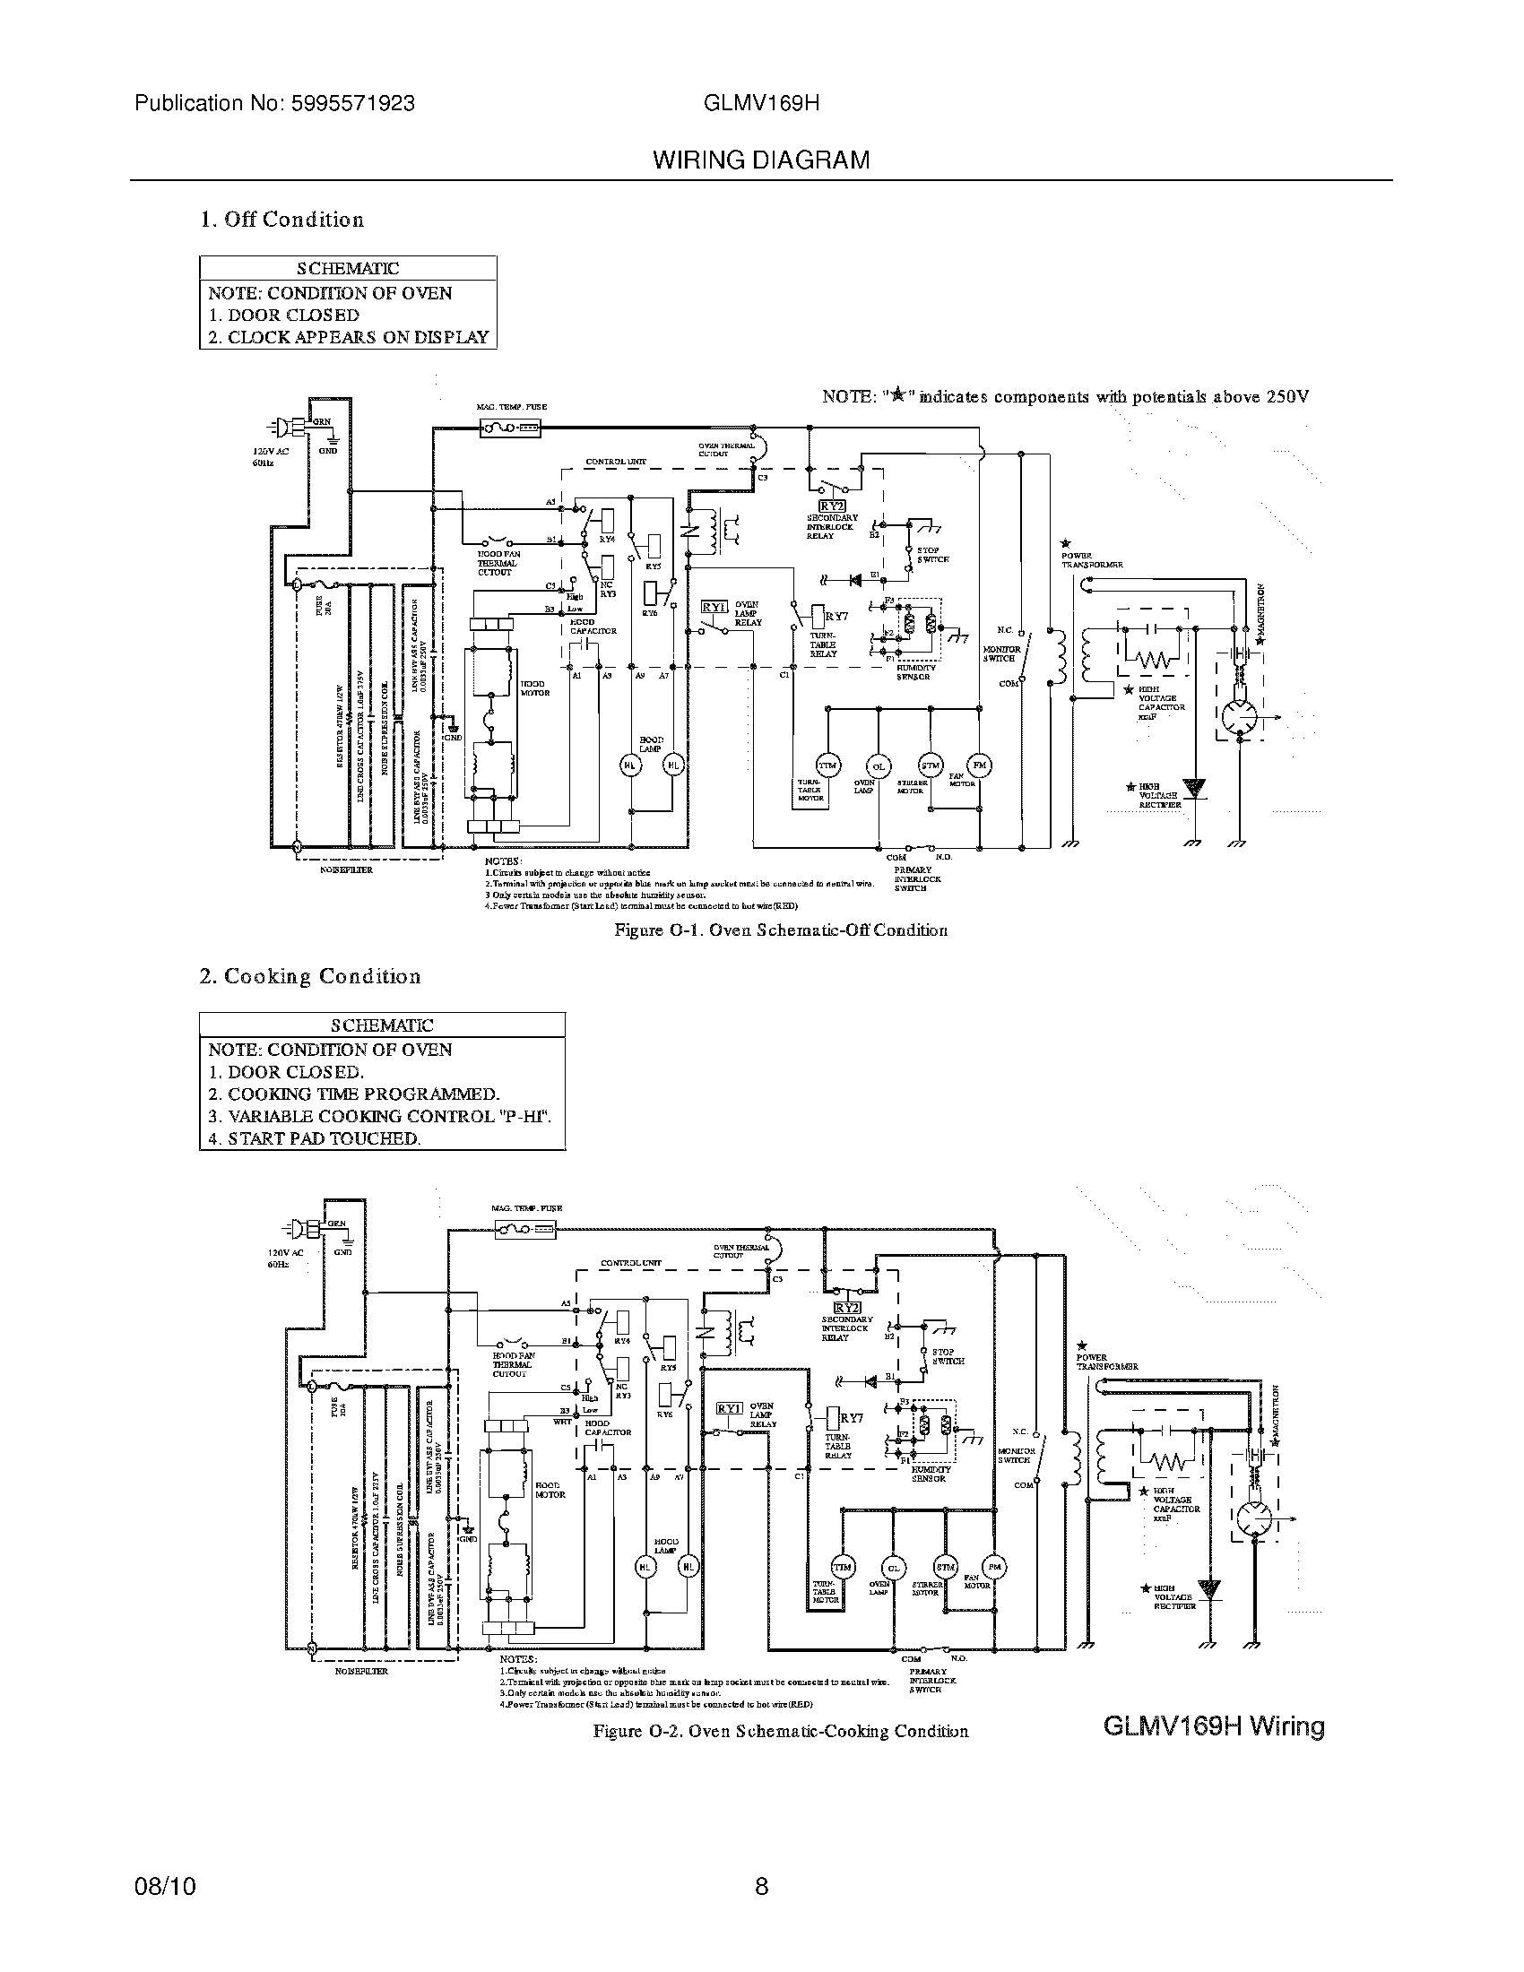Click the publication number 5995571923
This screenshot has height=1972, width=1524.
click(352, 103)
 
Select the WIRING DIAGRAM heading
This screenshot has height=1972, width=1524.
click(761, 160)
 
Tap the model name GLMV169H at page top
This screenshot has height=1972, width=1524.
click(761, 103)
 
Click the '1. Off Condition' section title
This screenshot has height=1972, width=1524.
click(281, 220)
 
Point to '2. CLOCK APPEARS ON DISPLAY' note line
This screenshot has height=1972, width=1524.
click(349, 337)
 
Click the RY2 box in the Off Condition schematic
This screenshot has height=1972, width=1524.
click(831, 506)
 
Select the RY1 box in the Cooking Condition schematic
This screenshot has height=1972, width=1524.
click(729, 1407)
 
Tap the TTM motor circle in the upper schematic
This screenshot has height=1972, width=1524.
click(827, 765)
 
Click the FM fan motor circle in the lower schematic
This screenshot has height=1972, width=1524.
click(995, 1567)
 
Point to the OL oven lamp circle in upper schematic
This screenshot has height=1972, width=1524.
click(878, 765)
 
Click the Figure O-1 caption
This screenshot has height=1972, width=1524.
click(781, 930)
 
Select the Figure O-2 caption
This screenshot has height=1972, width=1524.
click(781, 1732)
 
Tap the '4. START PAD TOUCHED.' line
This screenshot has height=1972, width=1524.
click(315, 1138)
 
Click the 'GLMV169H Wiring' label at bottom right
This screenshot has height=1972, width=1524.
click(1214, 1726)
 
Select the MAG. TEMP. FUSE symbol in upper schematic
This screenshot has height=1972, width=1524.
click(511, 428)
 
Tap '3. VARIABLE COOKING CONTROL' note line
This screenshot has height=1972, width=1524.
click(379, 1116)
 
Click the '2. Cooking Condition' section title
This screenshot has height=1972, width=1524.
click(309, 976)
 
